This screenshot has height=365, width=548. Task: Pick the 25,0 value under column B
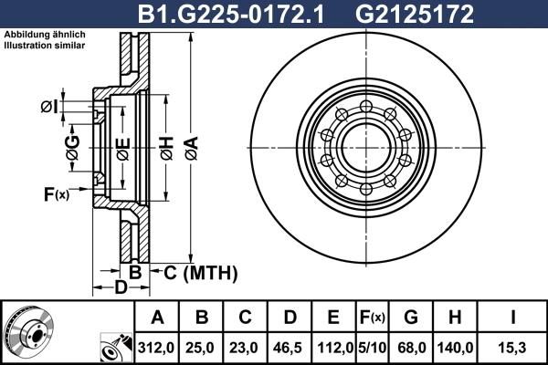tap(202, 348)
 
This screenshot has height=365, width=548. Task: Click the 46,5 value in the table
tap(290, 348)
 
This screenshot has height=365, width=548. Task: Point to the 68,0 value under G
tap(410, 348)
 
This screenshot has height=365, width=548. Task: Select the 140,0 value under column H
tap(456, 348)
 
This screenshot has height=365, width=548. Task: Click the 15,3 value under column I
tap(517, 348)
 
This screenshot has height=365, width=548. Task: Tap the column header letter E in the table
tap(333, 318)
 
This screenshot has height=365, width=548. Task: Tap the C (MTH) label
tap(200, 272)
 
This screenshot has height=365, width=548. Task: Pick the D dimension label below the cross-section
tap(120, 289)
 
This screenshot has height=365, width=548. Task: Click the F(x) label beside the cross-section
tap(56, 193)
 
